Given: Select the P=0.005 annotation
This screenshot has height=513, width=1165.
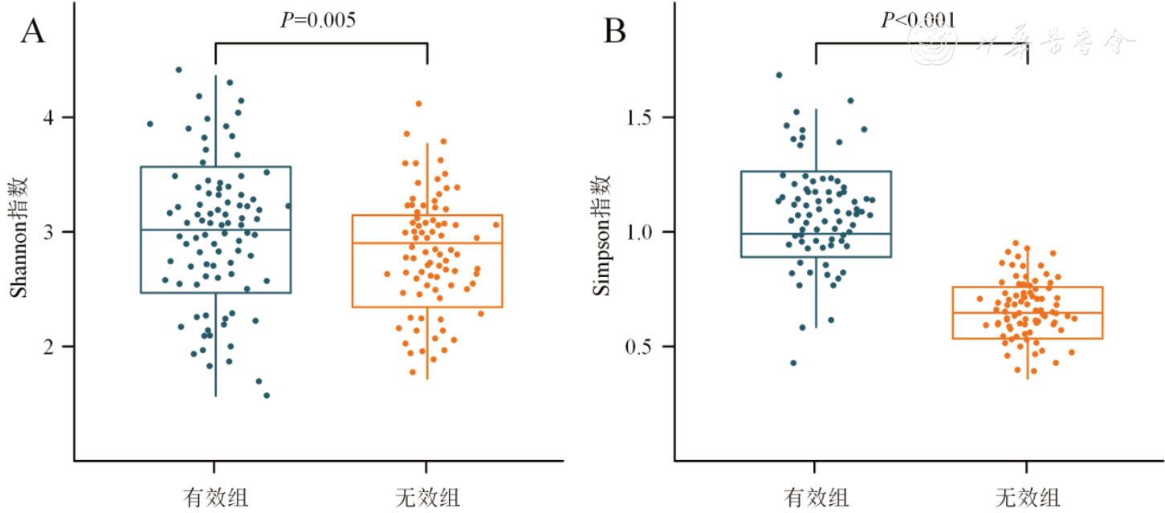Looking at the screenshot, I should point(318,20).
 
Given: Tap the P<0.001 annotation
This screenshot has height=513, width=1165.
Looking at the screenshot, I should point(919,20).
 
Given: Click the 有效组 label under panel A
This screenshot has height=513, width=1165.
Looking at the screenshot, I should point(215,496).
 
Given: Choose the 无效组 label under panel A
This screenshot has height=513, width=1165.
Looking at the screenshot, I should point(427,496).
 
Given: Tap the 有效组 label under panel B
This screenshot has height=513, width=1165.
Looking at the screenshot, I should point(815,496).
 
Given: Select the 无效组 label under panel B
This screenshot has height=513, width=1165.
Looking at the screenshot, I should point(1028,496).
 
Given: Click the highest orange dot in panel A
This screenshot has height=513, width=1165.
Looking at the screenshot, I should point(418,104).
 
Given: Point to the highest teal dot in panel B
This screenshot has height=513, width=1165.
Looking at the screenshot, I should point(779,75).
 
